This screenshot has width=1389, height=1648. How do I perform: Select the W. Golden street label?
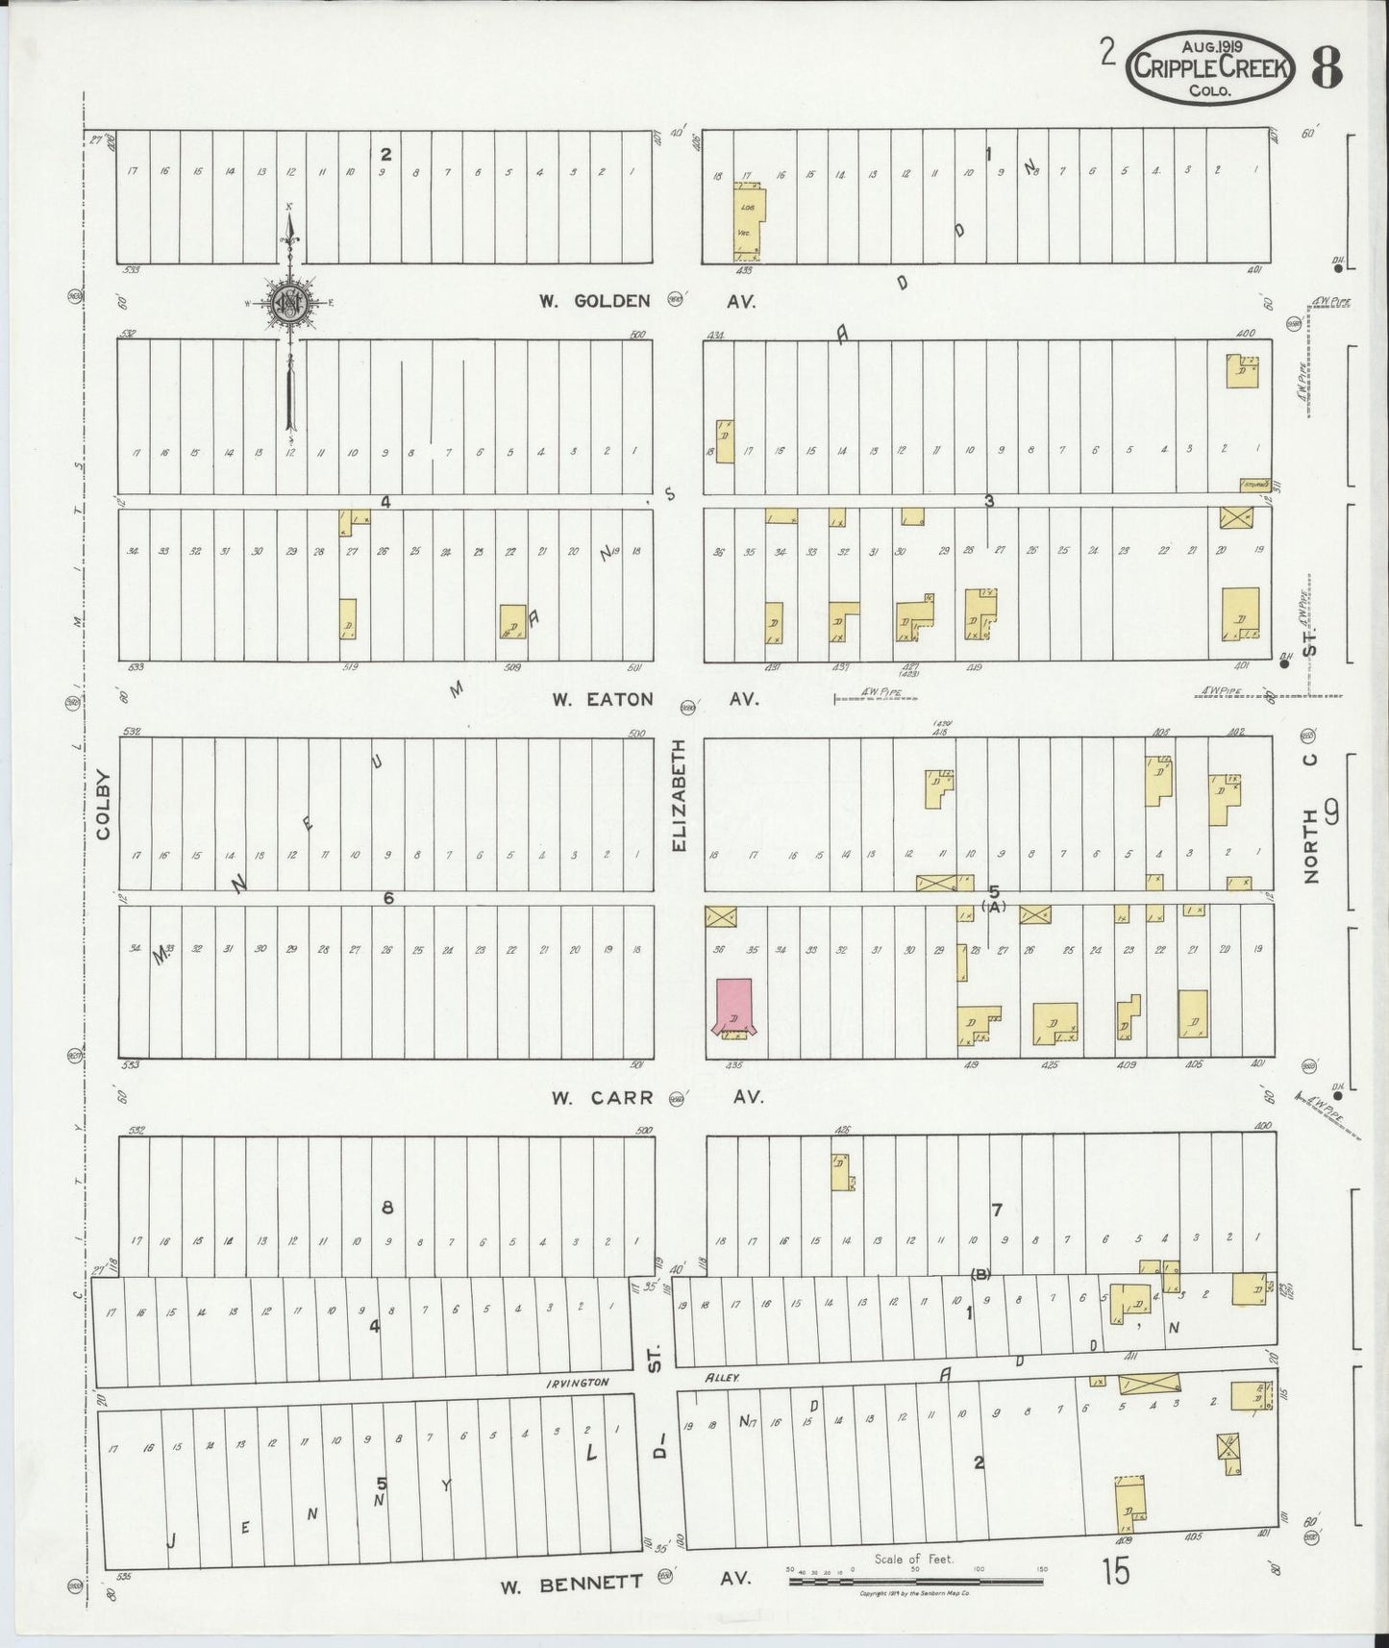594,301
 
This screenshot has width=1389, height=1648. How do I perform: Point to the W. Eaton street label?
602,700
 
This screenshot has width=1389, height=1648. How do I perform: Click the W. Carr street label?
603,1097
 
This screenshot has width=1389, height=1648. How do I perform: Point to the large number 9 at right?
1331,814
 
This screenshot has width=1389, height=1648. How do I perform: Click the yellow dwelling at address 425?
1054,1023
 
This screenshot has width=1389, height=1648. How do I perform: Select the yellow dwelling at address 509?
512,621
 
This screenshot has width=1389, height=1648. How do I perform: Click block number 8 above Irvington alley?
387,1208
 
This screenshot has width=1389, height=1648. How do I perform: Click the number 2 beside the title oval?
1108,55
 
